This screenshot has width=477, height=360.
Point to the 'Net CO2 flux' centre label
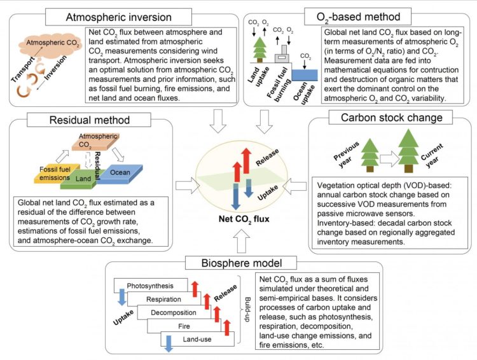(238, 220)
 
